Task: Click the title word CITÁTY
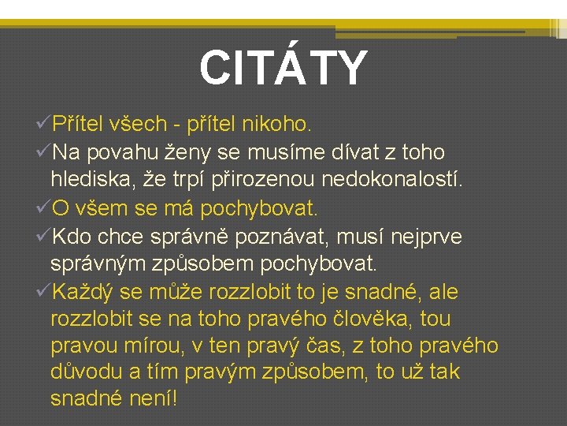(283, 69)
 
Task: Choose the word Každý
(84, 293)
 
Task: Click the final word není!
(157, 399)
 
